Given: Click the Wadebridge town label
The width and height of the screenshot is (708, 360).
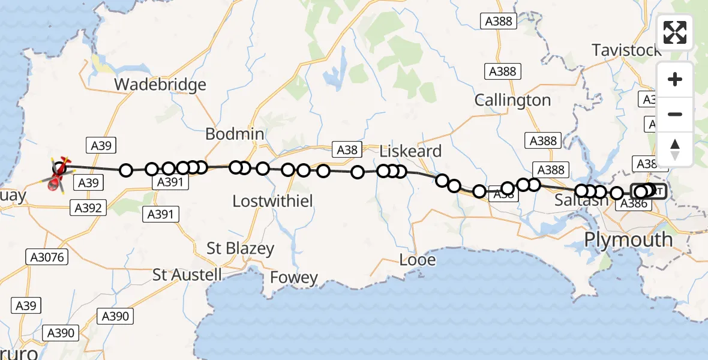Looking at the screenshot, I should [x=160, y=85].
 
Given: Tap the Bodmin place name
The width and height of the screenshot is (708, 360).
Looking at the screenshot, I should [x=235, y=134].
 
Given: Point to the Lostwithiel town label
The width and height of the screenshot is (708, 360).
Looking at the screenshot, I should [x=272, y=201].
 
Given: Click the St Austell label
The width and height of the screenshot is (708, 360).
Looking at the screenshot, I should [x=187, y=275].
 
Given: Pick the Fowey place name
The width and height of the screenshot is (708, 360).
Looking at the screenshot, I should [x=294, y=277].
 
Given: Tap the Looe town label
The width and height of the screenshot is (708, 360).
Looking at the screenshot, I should [x=418, y=260].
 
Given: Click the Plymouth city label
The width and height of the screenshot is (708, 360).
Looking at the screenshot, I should [x=628, y=239].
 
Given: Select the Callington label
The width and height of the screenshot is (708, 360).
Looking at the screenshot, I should [x=512, y=100].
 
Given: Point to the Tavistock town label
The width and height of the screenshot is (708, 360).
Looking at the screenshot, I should [x=626, y=50].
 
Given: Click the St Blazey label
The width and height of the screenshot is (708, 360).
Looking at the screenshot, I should [x=240, y=248].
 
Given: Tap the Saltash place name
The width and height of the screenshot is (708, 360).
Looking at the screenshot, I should [x=581, y=200].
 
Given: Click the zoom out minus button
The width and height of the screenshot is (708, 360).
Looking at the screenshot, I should [x=675, y=115].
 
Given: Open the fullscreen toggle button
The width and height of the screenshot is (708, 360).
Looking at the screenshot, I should [x=675, y=32].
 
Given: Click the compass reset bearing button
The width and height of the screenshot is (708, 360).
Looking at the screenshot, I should [x=675, y=149].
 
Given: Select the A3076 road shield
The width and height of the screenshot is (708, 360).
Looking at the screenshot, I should [x=47, y=257].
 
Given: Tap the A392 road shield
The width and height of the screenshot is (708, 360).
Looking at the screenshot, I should [x=89, y=208].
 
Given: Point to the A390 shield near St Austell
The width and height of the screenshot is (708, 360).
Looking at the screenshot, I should [x=115, y=316].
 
